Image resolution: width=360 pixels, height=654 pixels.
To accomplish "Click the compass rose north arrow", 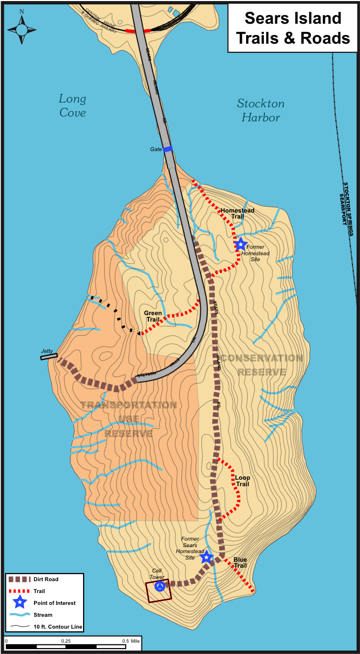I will pyautogui.click(x=22, y=27).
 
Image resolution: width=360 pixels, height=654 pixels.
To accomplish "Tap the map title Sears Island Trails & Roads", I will pyautogui.click(x=293, y=28).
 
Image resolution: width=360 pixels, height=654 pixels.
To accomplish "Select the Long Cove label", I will pyautogui.click(x=72, y=105).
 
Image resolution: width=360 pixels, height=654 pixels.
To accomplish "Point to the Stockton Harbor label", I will pyautogui.click(x=261, y=110).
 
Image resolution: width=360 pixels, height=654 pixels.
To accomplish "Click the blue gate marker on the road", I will pyautogui.click(x=168, y=149).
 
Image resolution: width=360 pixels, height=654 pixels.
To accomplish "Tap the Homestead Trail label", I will pyautogui.click(x=238, y=213).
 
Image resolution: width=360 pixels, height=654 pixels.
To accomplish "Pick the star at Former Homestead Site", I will pyautogui.click(x=241, y=244).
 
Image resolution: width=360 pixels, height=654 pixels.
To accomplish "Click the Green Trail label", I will pyautogui.click(x=153, y=316).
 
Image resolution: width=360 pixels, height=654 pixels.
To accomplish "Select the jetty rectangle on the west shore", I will pyautogui.click(x=49, y=356).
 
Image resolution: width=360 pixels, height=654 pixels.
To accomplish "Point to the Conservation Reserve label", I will pyautogui.click(x=262, y=365).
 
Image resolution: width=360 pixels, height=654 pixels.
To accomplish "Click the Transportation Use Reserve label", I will pyautogui.click(x=128, y=419).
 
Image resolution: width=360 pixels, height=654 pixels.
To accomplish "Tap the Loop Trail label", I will pyautogui.click(x=242, y=480).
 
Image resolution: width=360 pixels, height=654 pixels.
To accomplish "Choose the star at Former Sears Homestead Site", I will pyautogui.click(x=206, y=557).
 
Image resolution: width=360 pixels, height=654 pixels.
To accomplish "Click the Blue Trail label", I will pyautogui.click(x=240, y=562).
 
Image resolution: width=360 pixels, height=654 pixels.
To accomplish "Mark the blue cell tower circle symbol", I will pyautogui.click(x=159, y=586).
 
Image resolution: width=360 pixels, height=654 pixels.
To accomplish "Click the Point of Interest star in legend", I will pyautogui.click(x=20, y=603).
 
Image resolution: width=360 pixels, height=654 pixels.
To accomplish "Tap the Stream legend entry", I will pyautogui.click(x=43, y=615).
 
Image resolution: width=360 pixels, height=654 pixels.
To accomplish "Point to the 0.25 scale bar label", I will pyautogui.click(x=66, y=641).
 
